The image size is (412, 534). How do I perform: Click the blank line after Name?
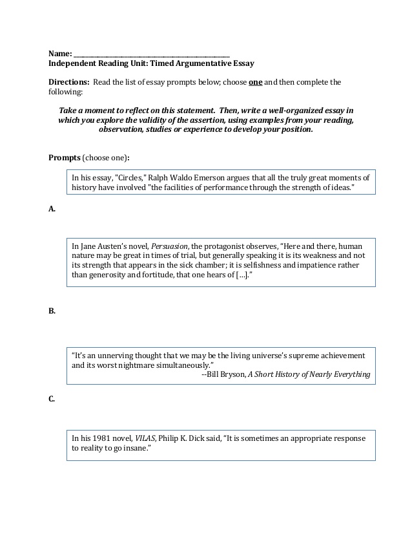coord(151,54)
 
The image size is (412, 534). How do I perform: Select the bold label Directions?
coord(69,83)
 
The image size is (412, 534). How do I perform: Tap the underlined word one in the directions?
coord(255,83)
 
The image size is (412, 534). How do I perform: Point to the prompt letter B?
coord(52,311)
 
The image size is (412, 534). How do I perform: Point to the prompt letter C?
coord(52,399)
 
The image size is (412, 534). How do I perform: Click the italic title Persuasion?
coord(170,246)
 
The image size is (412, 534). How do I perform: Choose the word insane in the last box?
coord(139,448)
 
